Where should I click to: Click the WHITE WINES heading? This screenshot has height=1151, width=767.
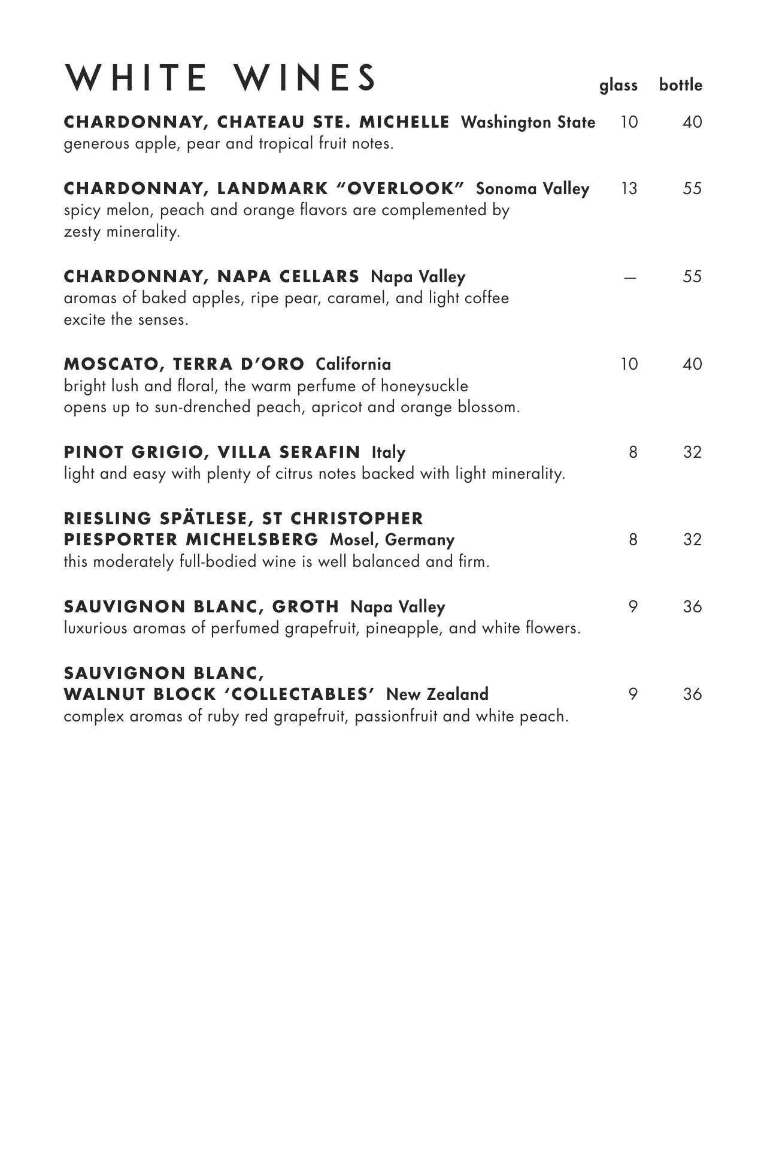(x=220, y=78)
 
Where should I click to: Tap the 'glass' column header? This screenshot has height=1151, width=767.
(x=619, y=86)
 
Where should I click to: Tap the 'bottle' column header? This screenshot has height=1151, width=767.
(x=680, y=85)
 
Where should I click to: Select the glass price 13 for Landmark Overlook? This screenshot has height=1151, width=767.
(x=629, y=189)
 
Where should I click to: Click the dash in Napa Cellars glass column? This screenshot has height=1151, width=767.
(x=629, y=277)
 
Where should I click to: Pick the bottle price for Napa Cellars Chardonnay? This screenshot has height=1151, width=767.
(x=692, y=277)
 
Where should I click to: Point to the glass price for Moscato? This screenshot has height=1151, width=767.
(x=629, y=364)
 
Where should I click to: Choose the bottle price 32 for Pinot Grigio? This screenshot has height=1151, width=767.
(x=692, y=452)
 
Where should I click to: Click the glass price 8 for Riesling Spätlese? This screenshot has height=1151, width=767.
(x=633, y=540)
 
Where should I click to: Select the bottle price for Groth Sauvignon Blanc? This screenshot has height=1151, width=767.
(x=692, y=607)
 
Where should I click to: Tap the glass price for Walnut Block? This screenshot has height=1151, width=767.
(x=633, y=694)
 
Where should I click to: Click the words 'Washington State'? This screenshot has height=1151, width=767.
(x=528, y=122)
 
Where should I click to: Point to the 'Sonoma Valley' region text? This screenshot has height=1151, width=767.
(x=532, y=189)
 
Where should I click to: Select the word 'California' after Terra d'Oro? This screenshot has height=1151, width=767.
(x=353, y=364)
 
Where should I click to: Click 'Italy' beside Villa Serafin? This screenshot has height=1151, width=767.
(x=389, y=452)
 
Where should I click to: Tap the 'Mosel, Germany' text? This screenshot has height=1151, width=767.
(x=392, y=540)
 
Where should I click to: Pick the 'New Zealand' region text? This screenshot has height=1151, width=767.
(x=437, y=694)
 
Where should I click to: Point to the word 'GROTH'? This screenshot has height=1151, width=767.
(x=305, y=607)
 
